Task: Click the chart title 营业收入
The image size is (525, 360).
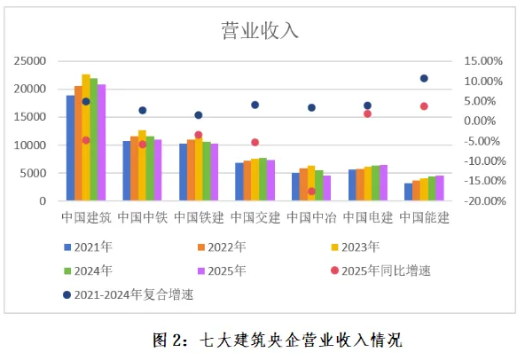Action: click(260, 31)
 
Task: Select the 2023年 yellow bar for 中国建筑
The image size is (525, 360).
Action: click(86, 137)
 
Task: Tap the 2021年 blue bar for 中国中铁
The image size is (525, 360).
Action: click(127, 171)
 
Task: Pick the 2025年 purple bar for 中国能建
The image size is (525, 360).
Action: click(440, 188)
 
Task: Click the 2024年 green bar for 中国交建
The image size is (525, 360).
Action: click(262, 179)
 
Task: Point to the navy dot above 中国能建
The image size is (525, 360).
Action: click(424, 78)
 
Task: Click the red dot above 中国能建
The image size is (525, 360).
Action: click(424, 106)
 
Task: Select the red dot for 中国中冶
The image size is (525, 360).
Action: click(311, 192)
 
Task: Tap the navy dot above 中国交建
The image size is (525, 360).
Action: click(255, 106)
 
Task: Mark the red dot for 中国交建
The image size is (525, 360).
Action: click(255, 143)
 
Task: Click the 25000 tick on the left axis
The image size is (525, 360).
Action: click(30, 61)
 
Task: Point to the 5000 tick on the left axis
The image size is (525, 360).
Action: click(33, 173)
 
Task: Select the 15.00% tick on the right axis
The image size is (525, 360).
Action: click(483, 61)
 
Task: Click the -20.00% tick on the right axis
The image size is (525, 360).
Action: click(485, 201)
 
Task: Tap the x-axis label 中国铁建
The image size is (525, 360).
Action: click(199, 217)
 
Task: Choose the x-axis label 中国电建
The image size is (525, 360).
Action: click(368, 217)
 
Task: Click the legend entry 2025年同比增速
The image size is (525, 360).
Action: click(380, 270)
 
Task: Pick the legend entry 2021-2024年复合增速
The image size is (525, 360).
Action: click(129, 294)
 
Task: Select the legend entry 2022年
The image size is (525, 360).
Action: click(222, 247)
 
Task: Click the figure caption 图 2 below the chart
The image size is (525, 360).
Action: click(278, 340)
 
